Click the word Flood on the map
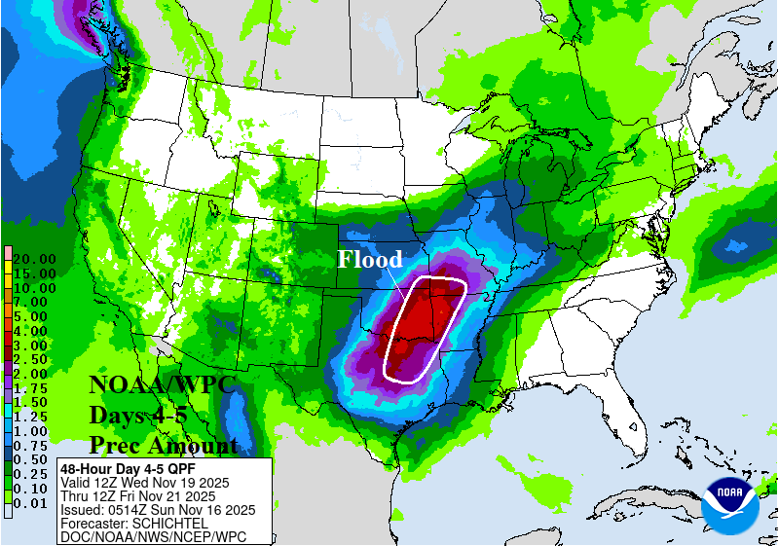[x=369, y=260]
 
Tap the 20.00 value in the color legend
[x=34, y=259]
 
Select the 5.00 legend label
[x=30, y=316]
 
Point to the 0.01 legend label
[x=30, y=503]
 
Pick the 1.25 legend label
[x=30, y=417]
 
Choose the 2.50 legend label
[x=30, y=359]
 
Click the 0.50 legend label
[x=30, y=459]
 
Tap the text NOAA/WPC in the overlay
[x=162, y=383]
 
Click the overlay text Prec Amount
[x=163, y=446]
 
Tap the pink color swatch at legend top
[x=7, y=252]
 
